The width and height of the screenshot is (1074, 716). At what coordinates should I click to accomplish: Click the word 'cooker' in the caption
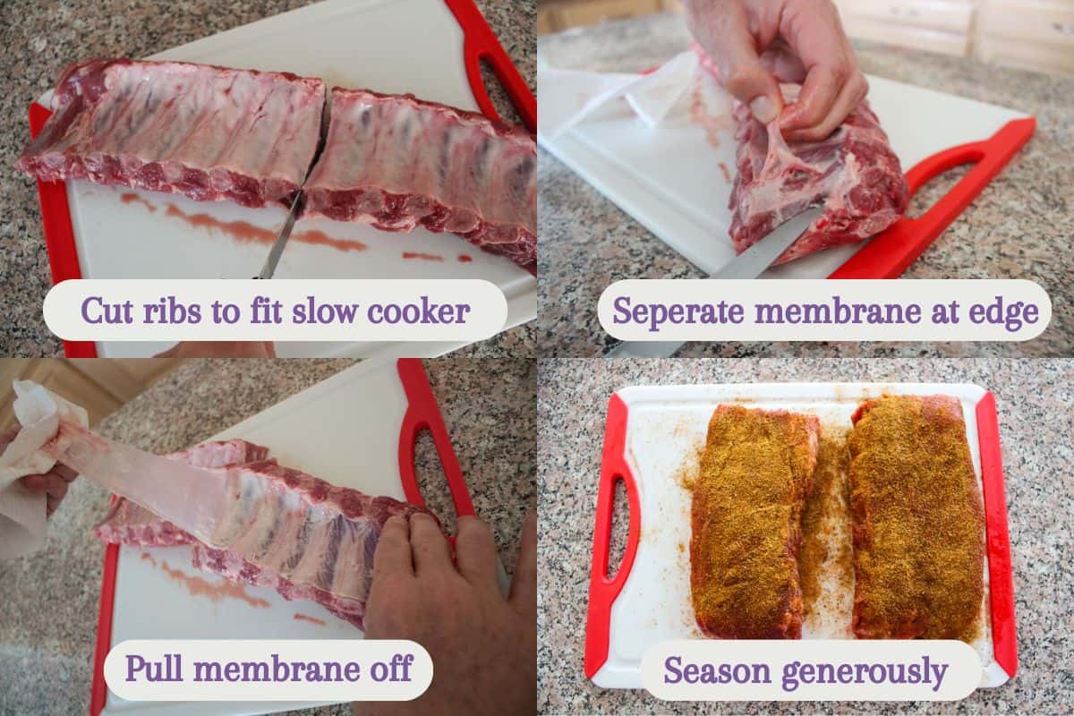click(428, 311)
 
